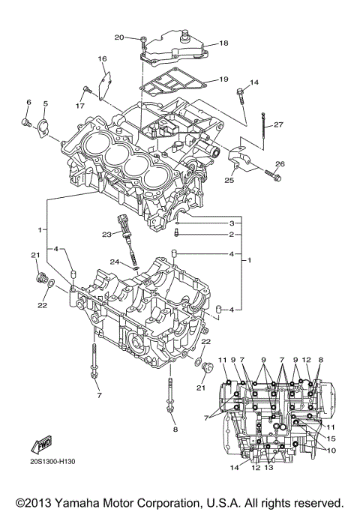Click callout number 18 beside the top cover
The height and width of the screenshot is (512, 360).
223,43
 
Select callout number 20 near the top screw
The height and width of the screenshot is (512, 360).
119,37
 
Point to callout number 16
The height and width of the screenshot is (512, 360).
102,58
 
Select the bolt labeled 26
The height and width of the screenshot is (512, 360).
271,175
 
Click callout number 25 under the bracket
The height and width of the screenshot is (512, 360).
229,179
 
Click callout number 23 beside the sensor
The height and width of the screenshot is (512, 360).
107,235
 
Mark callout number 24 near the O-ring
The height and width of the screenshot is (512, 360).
114,262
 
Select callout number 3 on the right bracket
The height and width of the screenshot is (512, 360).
232,223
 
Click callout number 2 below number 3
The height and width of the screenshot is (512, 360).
232,235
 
